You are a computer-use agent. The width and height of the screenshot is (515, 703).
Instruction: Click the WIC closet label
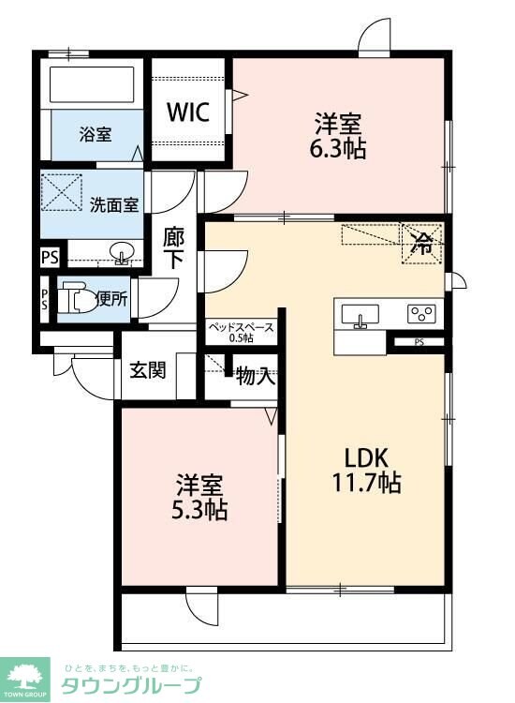pyautogui.click(x=188, y=112)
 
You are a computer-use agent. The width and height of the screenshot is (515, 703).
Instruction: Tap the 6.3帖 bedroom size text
pyautogui.click(x=338, y=149)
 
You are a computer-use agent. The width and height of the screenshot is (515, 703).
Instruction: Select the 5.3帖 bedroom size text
pyautogui.click(x=199, y=510)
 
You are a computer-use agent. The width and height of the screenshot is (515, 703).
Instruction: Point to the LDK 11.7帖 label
pyautogui.click(x=366, y=471)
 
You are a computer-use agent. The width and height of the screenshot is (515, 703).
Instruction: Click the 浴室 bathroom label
pyautogui.click(x=96, y=134)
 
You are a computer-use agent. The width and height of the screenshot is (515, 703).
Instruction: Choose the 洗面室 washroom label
pyautogui.click(x=114, y=205)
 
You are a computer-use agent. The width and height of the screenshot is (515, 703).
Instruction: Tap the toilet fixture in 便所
pyautogui.click(x=79, y=298)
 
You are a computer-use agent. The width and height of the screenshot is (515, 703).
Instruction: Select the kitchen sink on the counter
pyautogui.click(x=360, y=315)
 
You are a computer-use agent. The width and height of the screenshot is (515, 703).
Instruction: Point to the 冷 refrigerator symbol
pyautogui.click(x=422, y=244)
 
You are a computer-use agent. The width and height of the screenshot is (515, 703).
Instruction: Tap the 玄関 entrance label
pyautogui.click(x=148, y=370)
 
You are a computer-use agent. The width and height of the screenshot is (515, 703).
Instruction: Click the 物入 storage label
pyautogui.click(x=256, y=376)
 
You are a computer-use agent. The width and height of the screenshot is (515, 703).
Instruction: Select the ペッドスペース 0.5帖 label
pyautogui.click(x=242, y=332)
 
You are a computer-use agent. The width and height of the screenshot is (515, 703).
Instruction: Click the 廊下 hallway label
pyautogui.click(x=174, y=248)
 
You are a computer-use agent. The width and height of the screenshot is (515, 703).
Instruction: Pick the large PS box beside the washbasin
pyautogui.click(x=50, y=258)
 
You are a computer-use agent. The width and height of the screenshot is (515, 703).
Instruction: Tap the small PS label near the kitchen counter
pyautogui.click(x=419, y=342)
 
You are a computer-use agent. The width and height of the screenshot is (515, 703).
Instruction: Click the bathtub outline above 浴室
pyautogui.click(x=92, y=84)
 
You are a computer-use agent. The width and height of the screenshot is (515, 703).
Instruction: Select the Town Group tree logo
pyautogui.click(x=24, y=680)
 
